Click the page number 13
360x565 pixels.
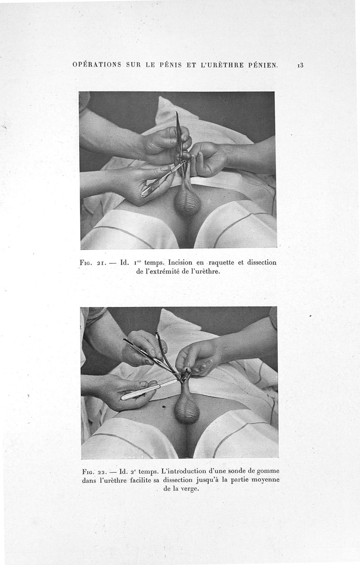tap(300, 65)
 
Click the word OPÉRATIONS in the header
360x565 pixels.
tap(97, 65)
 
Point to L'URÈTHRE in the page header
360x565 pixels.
tap(222, 65)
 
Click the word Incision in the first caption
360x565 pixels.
tap(180, 262)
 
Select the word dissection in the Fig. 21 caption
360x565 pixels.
tap(261, 262)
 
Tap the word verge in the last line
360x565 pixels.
tap(192, 489)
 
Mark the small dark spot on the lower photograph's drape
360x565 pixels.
tap(163, 407)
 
